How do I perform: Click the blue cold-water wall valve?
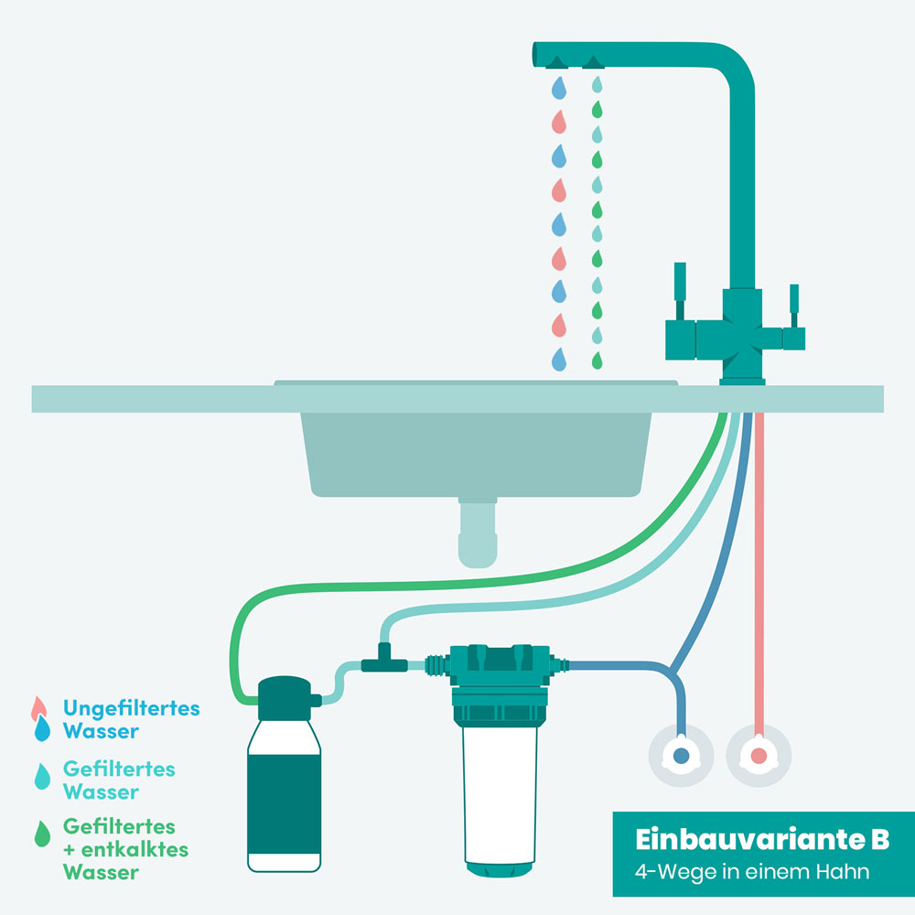point(681,756)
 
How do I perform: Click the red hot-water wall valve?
point(759,756)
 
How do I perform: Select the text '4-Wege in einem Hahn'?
point(751,872)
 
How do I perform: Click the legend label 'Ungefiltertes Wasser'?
point(131,719)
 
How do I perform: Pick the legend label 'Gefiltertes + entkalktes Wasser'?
point(125,849)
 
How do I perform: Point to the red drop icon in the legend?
point(38,708)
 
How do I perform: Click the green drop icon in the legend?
point(42,834)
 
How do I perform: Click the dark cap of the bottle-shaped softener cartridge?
point(285,698)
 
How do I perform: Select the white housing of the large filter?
point(500,795)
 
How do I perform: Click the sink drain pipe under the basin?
point(478,533)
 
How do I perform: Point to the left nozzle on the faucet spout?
point(556,63)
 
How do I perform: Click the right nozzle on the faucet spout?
point(594,63)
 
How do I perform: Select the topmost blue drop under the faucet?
point(559,88)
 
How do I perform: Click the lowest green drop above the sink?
point(597,361)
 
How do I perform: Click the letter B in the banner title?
point(880,840)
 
